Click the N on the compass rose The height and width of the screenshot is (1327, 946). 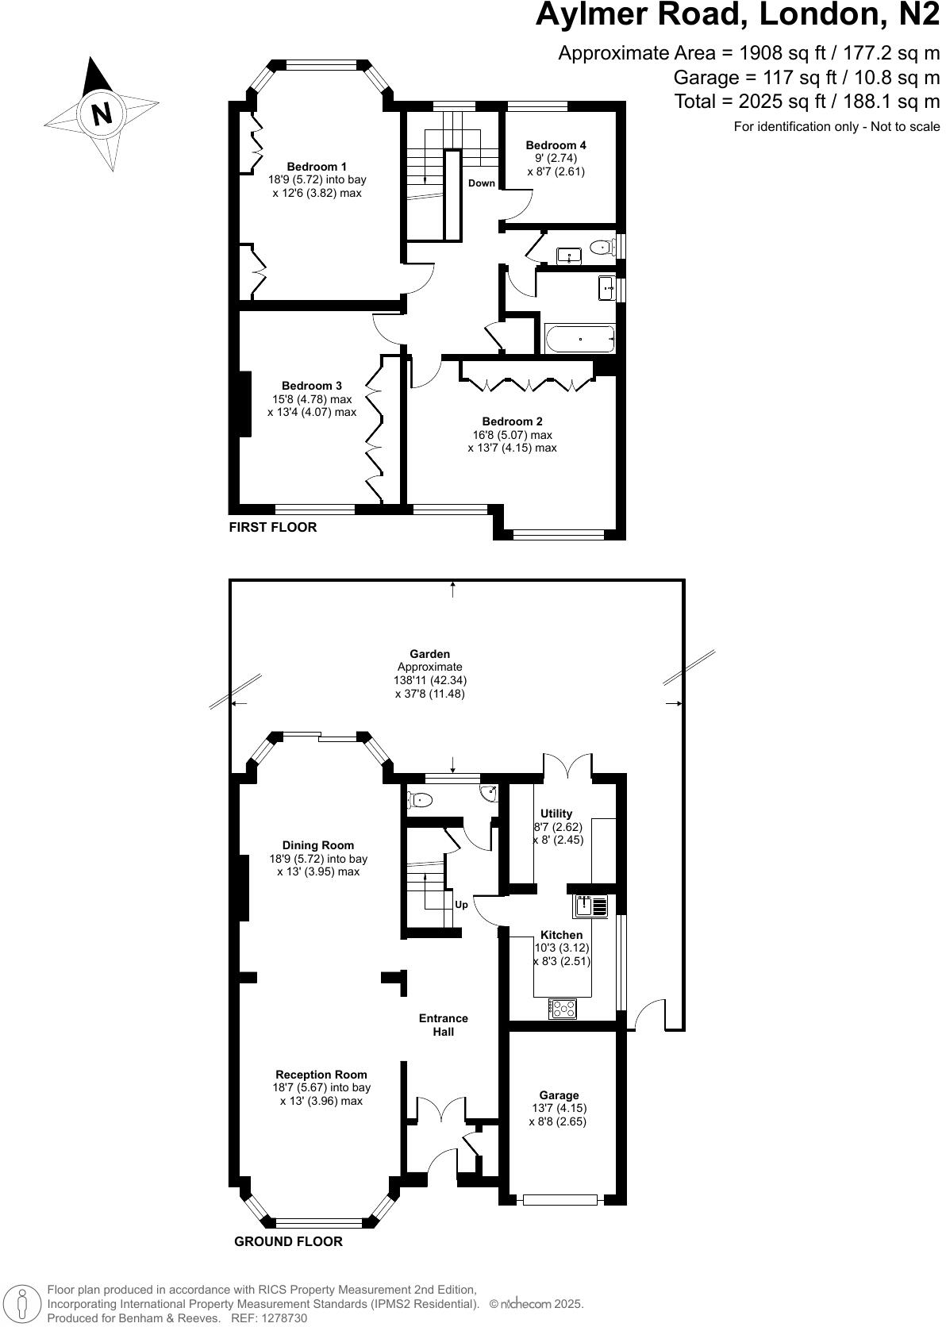click(102, 113)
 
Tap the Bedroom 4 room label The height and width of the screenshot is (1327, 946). click(556, 145)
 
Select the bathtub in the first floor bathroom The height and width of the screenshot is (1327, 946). click(580, 339)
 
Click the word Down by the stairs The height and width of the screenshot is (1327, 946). click(481, 183)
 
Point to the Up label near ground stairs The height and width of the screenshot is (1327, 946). click(461, 904)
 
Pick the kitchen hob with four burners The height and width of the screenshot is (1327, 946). click(563, 1009)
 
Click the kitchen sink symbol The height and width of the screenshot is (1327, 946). click(590, 906)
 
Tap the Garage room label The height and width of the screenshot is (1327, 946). click(559, 1095)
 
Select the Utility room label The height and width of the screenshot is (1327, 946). click(556, 814)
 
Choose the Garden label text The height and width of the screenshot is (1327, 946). click(429, 655)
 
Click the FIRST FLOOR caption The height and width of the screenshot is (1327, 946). click(273, 527)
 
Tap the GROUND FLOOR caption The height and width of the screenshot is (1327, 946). click(288, 1241)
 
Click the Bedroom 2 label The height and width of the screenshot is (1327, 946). click(512, 421)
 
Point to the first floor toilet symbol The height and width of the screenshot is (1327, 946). click(602, 248)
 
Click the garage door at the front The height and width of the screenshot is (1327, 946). click(560, 1199)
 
